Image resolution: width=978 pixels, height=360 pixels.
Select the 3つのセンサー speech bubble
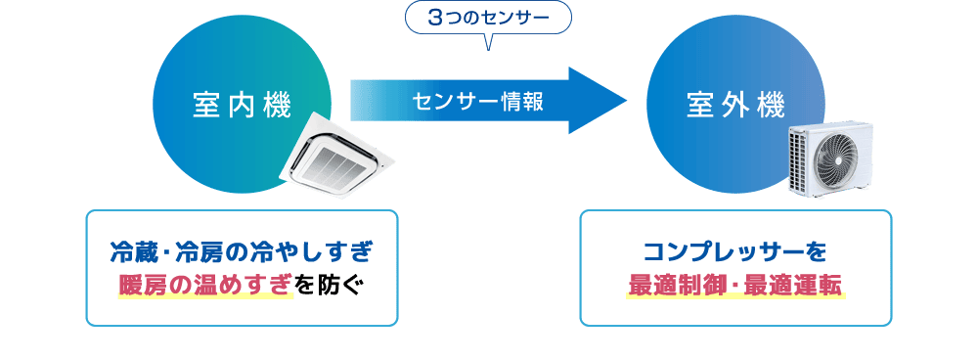pos(487,17)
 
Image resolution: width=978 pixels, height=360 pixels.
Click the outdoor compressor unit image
pos(831,157)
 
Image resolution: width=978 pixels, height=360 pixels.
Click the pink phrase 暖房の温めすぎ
pos(204,285)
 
